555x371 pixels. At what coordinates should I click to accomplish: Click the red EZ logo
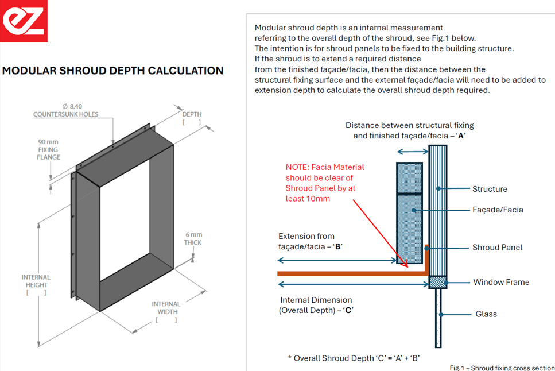tap(24, 21)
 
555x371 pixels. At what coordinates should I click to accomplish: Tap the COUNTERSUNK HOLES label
tap(66, 114)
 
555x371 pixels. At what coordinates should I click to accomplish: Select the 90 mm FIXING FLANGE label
tap(48, 149)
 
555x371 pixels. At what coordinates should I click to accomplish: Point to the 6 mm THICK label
tap(193, 238)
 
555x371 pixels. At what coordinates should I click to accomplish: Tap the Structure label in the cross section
tap(490, 189)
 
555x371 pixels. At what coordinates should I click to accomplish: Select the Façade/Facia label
tap(498, 210)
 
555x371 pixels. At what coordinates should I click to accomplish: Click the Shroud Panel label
tap(497, 248)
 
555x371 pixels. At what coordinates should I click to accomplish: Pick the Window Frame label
tap(501, 282)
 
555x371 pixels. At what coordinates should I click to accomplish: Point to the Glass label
tap(486, 314)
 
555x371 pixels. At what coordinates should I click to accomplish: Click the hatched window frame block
tap(437, 282)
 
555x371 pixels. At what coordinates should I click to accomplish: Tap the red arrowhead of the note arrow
tap(405, 264)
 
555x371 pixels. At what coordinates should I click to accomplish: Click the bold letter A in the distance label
tap(461, 136)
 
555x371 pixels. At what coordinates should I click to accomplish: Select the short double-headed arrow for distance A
tap(413, 152)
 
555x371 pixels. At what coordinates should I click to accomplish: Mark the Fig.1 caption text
tap(502, 368)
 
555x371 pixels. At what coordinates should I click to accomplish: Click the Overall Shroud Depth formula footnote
tap(354, 358)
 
